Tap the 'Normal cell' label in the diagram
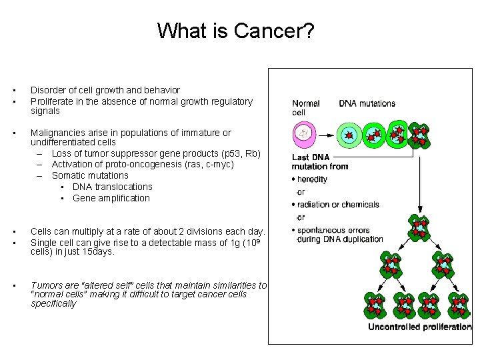306,107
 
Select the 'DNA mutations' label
367,103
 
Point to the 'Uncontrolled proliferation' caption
419,327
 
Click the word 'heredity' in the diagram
312,180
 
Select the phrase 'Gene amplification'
111,198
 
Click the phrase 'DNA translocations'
113,187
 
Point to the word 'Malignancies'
58,133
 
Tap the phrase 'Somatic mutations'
90,175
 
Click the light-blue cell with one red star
348,135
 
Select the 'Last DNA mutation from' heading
320,162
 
